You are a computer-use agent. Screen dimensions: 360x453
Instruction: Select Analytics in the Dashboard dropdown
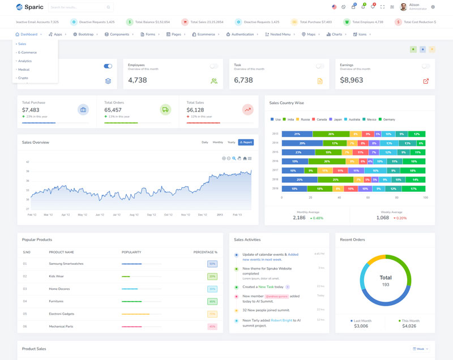pos(25,61)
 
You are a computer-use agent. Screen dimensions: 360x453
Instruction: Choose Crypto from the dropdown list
pos(23,78)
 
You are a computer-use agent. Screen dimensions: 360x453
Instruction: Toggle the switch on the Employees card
pos(213,66)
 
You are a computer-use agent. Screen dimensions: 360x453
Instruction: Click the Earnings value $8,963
pos(352,80)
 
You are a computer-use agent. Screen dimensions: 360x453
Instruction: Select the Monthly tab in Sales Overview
pos(218,142)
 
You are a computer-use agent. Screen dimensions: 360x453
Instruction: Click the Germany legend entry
pos(388,119)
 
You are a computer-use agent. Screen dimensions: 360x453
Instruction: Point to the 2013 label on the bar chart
pos(275,134)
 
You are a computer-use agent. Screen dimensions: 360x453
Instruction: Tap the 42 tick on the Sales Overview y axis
pos(27,162)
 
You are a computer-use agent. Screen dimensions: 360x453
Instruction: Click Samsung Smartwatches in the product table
pos(66,264)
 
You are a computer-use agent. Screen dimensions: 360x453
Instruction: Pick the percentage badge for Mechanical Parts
pos(212,327)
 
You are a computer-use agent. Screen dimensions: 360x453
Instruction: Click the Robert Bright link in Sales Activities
pos(282,320)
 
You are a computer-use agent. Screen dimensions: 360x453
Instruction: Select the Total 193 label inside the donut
pos(385,281)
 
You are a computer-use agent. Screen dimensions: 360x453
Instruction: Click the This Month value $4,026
pos(409,326)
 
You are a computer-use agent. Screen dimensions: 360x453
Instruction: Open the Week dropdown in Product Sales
pos(421,349)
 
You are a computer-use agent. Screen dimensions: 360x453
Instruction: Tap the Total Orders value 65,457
pos(113,110)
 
